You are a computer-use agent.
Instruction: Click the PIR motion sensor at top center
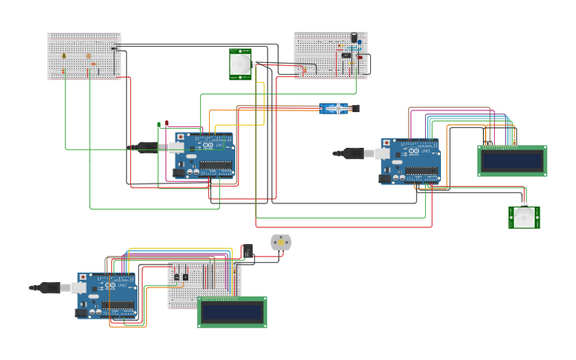[x=240, y=64]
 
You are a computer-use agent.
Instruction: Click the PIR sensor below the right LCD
[x=524, y=217]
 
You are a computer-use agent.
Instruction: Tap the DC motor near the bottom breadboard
[x=280, y=242]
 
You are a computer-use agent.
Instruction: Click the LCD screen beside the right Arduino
[x=512, y=161]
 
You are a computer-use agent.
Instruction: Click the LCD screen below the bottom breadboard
[x=232, y=312]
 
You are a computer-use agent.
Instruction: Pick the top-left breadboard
[x=83, y=56]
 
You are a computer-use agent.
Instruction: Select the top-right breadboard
[x=330, y=55]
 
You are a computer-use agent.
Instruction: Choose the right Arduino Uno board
[x=412, y=161]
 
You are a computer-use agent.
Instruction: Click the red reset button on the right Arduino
[x=386, y=143]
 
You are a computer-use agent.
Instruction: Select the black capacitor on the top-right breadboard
[x=354, y=37]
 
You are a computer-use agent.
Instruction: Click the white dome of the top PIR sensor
[x=240, y=62]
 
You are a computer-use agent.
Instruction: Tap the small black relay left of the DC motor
[x=247, y=251]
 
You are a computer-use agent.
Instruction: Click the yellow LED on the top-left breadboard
[x=64, y=56]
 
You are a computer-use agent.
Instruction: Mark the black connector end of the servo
[x=355, y=108]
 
